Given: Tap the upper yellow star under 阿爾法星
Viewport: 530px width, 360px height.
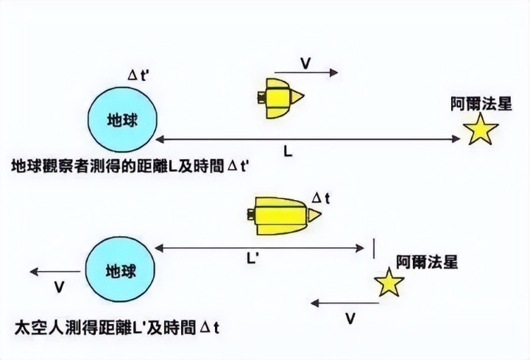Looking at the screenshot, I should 481,130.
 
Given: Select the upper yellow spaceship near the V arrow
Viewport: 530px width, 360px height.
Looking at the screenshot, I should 280,97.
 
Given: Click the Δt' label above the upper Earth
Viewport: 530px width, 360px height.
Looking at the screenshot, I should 140,75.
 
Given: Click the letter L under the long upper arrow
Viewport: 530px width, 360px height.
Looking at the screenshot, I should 289,150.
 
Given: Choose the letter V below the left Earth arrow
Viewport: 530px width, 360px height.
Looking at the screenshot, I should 60,285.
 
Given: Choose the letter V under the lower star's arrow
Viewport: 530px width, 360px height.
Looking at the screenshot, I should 350,318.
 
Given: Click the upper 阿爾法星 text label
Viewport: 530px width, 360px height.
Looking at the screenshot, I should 481,103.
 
